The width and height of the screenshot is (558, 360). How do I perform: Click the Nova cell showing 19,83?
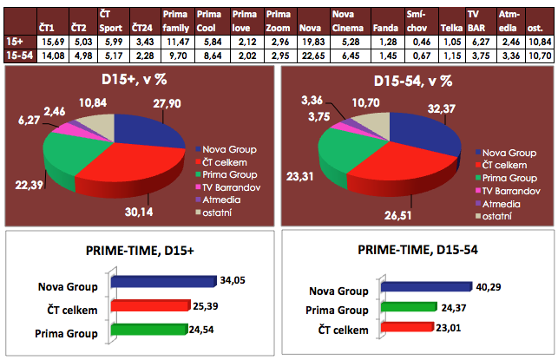coord(308,42)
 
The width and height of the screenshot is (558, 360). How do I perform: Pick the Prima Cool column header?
coord(207,23)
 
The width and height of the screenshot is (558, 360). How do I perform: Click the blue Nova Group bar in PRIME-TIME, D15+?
coord(162,282)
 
